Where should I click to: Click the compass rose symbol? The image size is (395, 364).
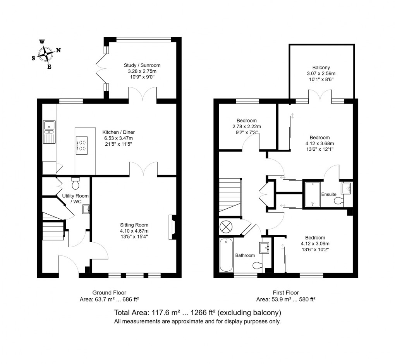click(46, 54)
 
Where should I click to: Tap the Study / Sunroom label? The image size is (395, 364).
click(142, 65)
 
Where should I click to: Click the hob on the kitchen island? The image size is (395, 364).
click(82, 145)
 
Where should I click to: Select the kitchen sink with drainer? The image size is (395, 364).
click(49, 131)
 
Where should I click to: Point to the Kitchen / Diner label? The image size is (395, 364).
click(118, 132)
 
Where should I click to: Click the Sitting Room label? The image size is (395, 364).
click(134, 225)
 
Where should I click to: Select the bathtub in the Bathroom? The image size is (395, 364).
click(227, 255)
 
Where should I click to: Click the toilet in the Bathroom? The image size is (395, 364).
click(257, 265)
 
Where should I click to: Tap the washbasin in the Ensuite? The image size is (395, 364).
click(346, 188)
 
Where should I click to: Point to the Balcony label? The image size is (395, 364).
click(321, 68)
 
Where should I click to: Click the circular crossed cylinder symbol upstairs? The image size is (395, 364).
click(225, 226)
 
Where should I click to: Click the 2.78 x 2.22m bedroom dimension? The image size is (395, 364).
click(247, 127)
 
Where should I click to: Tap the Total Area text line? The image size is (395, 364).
click(197, 313)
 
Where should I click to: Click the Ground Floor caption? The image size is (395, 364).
click(109, 293)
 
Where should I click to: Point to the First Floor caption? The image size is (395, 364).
click(285, 293)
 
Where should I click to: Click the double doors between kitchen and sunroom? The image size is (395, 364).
click(143, 95)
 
